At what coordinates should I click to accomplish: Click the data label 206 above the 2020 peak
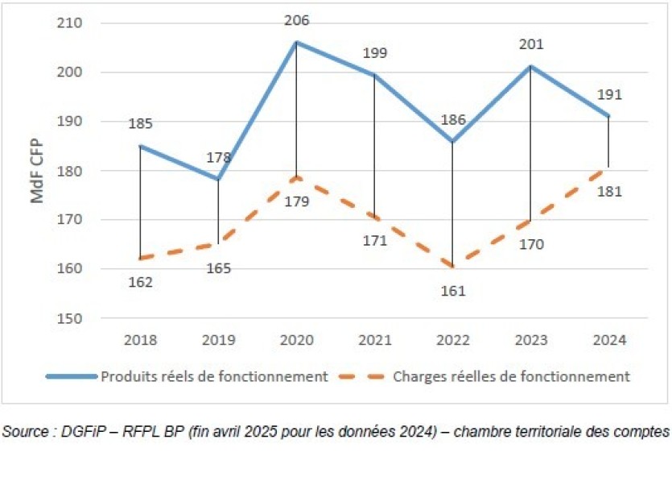[x=296, y=21]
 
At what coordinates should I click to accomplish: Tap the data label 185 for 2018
[x=140, y=124]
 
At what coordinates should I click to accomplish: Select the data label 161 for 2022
[x=452, y=291]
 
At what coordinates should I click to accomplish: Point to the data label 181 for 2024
[x=610, y=191]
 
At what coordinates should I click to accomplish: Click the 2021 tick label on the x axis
[x=374, y=340]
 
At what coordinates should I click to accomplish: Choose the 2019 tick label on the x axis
[x=218, y=340]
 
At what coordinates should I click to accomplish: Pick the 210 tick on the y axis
[x=70, y=23]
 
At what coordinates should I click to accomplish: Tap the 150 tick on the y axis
[x=70, y=318]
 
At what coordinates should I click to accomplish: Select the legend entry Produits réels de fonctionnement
[x=213, y=376]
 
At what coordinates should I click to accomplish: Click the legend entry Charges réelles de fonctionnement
[x=511, y=376]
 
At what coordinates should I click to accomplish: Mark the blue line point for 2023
[x=530, y=66]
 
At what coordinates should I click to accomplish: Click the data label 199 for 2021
[x=375, y=54]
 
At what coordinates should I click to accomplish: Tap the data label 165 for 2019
[x=218, y=267]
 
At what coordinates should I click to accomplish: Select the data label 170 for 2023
[x=531, y=243]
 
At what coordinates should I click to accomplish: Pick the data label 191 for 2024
[x=610, y=95]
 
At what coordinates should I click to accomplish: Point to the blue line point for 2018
[x=140, y=146]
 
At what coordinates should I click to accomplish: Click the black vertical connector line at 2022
[x=452, y=201]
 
